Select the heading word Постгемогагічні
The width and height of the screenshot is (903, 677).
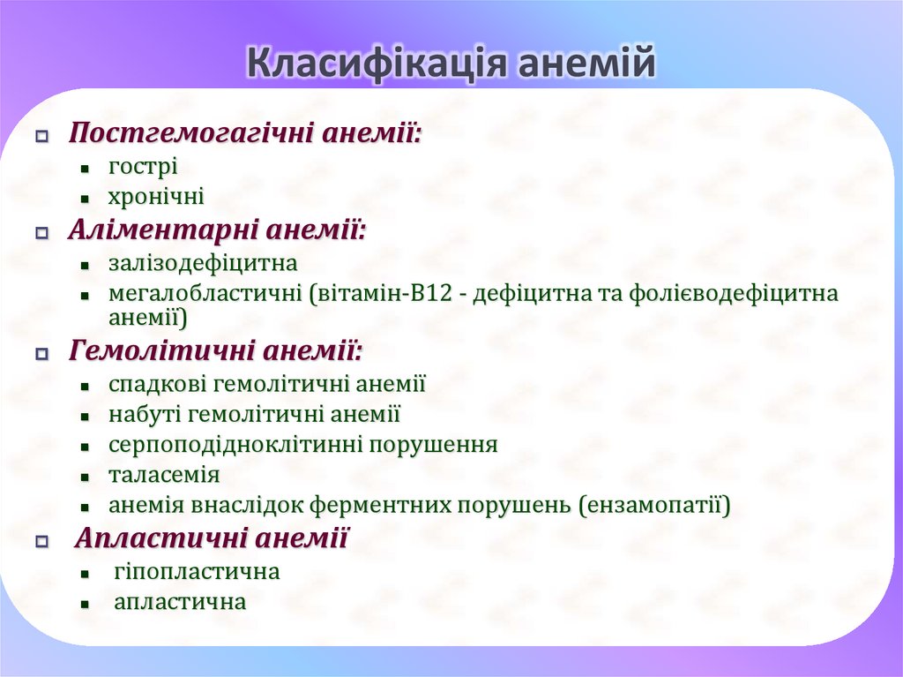pyautogui.click(x=192, y=134)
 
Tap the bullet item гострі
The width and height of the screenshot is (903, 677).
pyautogui.click(x=143, y=166)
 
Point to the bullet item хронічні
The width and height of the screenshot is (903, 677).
pyautogui.click(x=156, y=197)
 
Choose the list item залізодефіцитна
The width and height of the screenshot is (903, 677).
pyautogui.click(x=203, y=263)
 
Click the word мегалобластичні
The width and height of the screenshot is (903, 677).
pyautogui.click(x=205, y=293)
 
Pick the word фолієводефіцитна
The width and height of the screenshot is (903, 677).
pyautogui.click(x=734, y=293)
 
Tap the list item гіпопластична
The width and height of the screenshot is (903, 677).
pyautogui.click(x=197, y=572)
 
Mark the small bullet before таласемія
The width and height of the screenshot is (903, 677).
pyautogui.click(x=85, y=477)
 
